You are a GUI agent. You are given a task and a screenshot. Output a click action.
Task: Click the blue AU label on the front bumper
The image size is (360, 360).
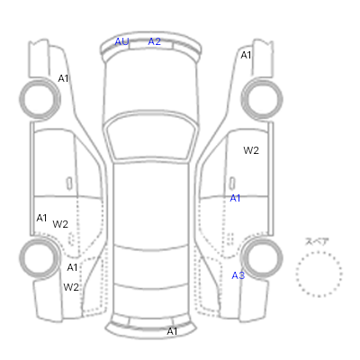point(121,41)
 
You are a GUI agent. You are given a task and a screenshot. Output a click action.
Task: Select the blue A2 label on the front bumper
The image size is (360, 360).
point(155,41)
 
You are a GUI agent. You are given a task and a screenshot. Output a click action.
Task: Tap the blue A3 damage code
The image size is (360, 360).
point(238,275)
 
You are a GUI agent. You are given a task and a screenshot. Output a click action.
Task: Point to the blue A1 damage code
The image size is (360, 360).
point(235,198)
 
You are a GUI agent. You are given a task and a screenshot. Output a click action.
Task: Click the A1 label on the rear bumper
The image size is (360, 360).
point(172,331)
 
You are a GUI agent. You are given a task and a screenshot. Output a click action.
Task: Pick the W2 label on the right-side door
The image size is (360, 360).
point(251,150)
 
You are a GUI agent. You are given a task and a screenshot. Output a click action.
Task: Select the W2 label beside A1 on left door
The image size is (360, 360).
point(60,224)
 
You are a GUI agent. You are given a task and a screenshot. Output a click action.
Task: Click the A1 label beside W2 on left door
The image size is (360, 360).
point(41,218)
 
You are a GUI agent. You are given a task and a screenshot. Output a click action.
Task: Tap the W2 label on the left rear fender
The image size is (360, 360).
point(71,287)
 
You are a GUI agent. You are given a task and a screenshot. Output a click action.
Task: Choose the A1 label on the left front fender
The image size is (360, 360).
point(63,78)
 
